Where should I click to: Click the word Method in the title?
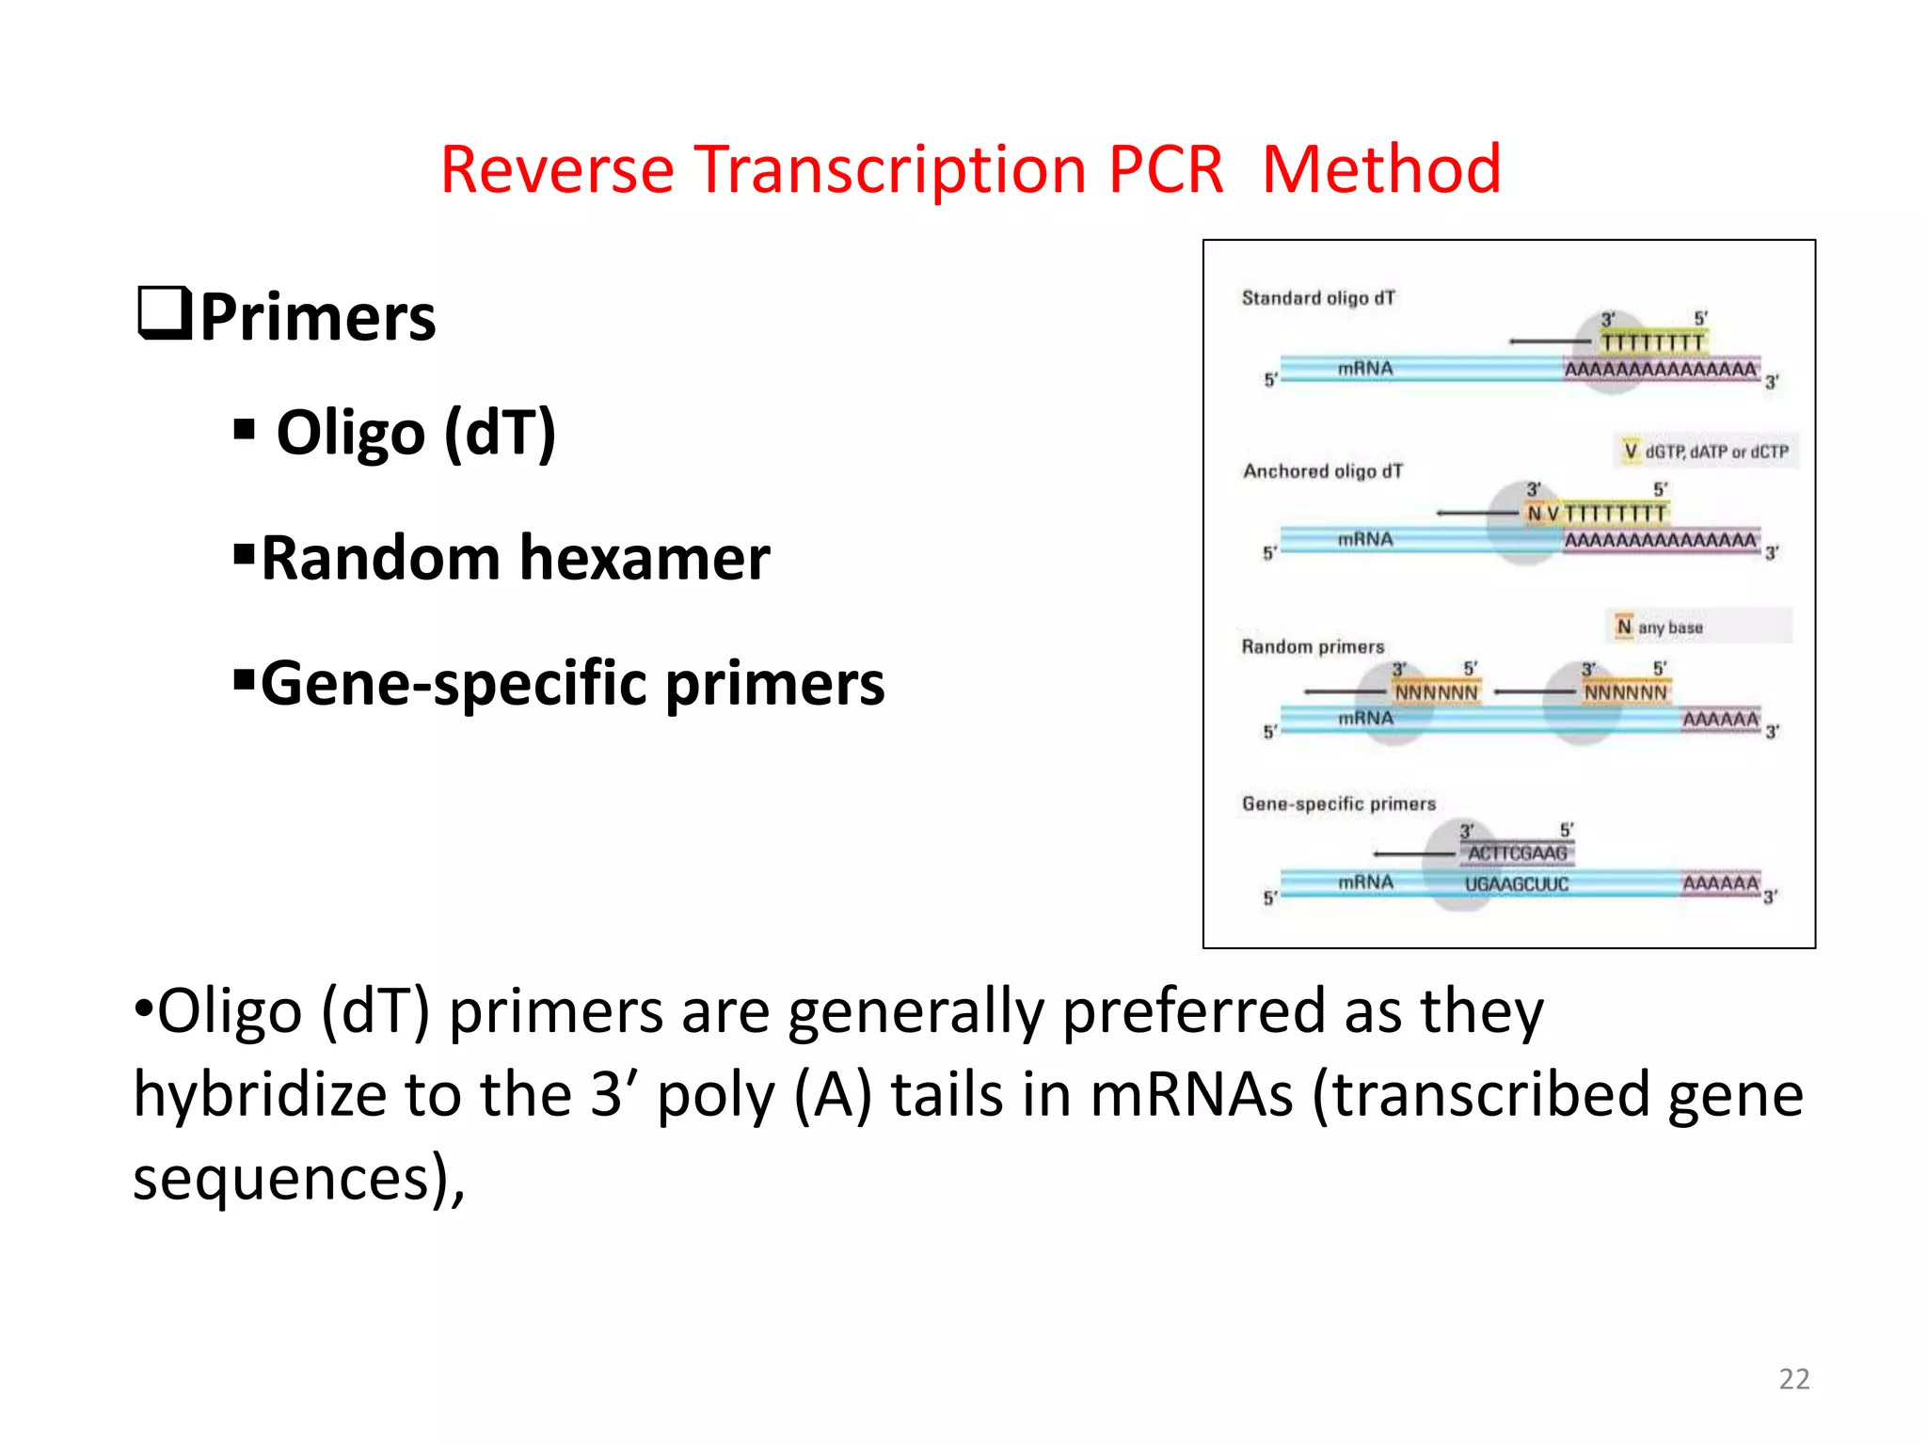click(1380, 169)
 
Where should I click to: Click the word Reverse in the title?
click(557, 169)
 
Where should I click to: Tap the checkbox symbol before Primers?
click(165, 313)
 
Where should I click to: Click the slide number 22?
click(1793, 1378)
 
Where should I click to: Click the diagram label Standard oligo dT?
click(1318, 298)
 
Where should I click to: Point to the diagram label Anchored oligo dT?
click(1322, 470)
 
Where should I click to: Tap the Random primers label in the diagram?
click(1313, 646)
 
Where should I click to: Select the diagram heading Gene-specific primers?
click(1338, 803)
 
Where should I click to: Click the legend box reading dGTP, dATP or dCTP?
click(1706, 452)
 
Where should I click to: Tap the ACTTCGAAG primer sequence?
click(1517, 853)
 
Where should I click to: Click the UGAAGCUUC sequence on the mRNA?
click(1516, 884)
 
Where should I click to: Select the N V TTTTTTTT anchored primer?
click(1596, 514)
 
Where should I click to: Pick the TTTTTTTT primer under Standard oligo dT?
click(1652, 342)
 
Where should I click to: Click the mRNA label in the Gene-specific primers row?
click(1365, 882)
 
